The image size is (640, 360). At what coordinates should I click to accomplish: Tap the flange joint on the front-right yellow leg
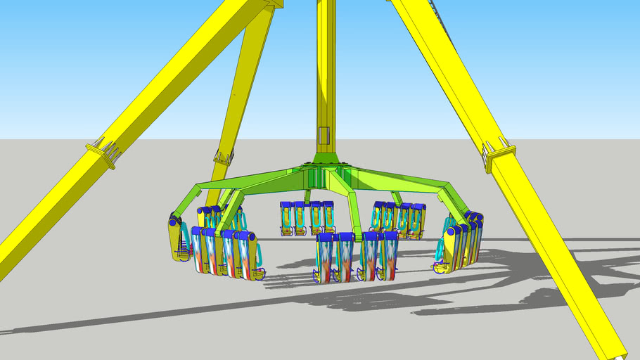(499, 154)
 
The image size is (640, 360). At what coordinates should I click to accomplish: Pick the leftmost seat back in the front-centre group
(324, 257)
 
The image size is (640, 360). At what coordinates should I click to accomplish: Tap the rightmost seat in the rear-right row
(419, 219)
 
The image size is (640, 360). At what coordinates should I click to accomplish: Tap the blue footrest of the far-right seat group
(442, 266)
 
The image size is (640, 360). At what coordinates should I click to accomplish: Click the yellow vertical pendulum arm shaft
(325, 70)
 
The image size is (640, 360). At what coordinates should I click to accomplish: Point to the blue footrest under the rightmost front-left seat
(259, 274)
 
